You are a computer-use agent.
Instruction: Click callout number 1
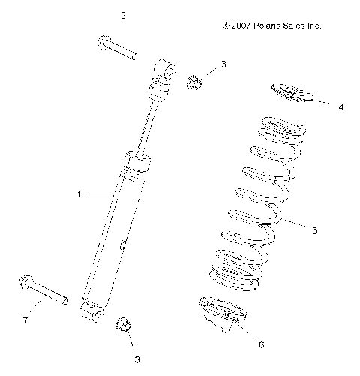[x=79, y=194]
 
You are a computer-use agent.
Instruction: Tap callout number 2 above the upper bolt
[x=124, y=15]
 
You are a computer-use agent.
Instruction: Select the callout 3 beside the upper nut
[x=223, y=65]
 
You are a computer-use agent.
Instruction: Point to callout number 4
[x=340, y=107]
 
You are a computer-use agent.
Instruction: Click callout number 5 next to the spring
[x=314, y=230]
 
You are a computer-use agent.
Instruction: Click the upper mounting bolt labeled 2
[x=115, y=47]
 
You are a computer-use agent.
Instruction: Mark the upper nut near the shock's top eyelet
[x=193, y=81]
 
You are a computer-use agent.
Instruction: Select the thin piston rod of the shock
[x=147, y=124]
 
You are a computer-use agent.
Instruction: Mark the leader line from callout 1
[x=97, y=194]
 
